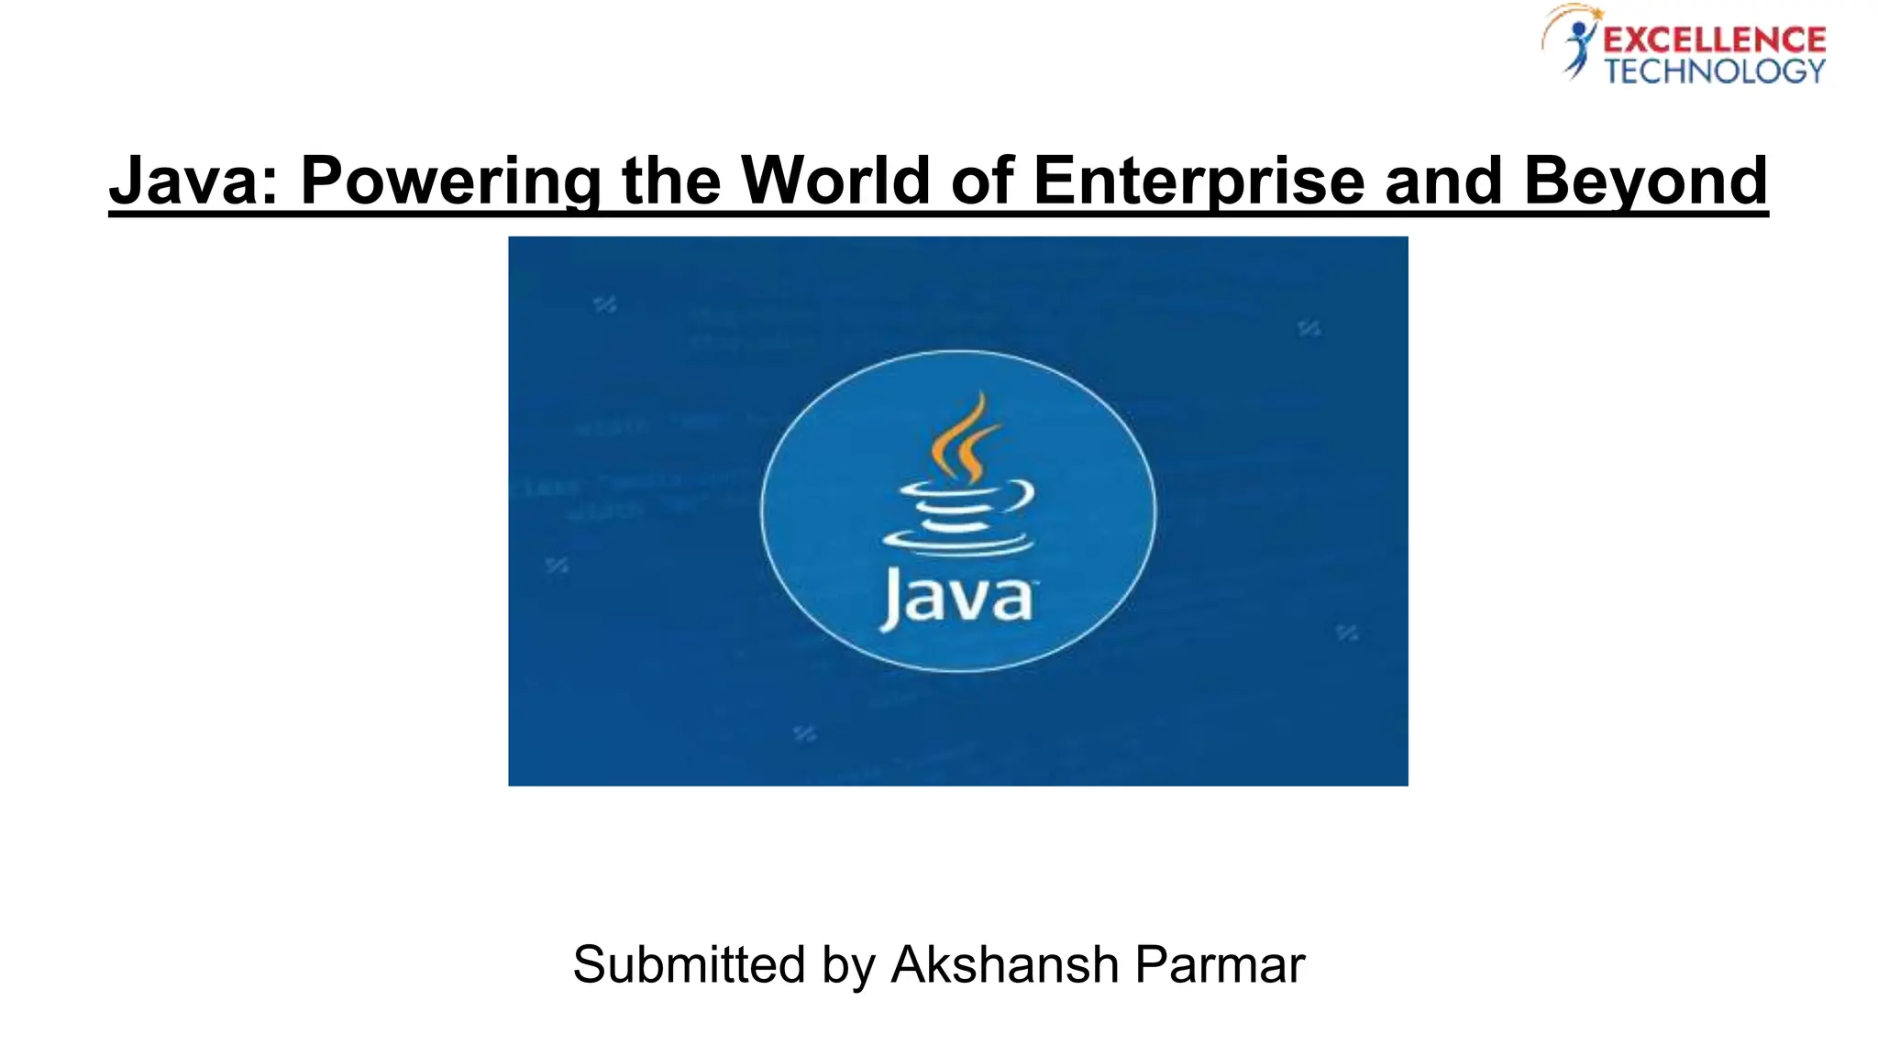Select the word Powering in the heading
point(450,180)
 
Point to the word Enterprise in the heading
point(1198,180)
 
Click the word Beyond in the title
point(1645,180)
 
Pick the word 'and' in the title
point(1443,180)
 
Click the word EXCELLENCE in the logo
point(1714,40)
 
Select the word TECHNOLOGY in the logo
point(1714,71)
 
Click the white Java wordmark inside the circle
point(957,598)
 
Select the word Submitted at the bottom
point(689,964)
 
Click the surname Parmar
point(1220,964)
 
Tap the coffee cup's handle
point(1022,498)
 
